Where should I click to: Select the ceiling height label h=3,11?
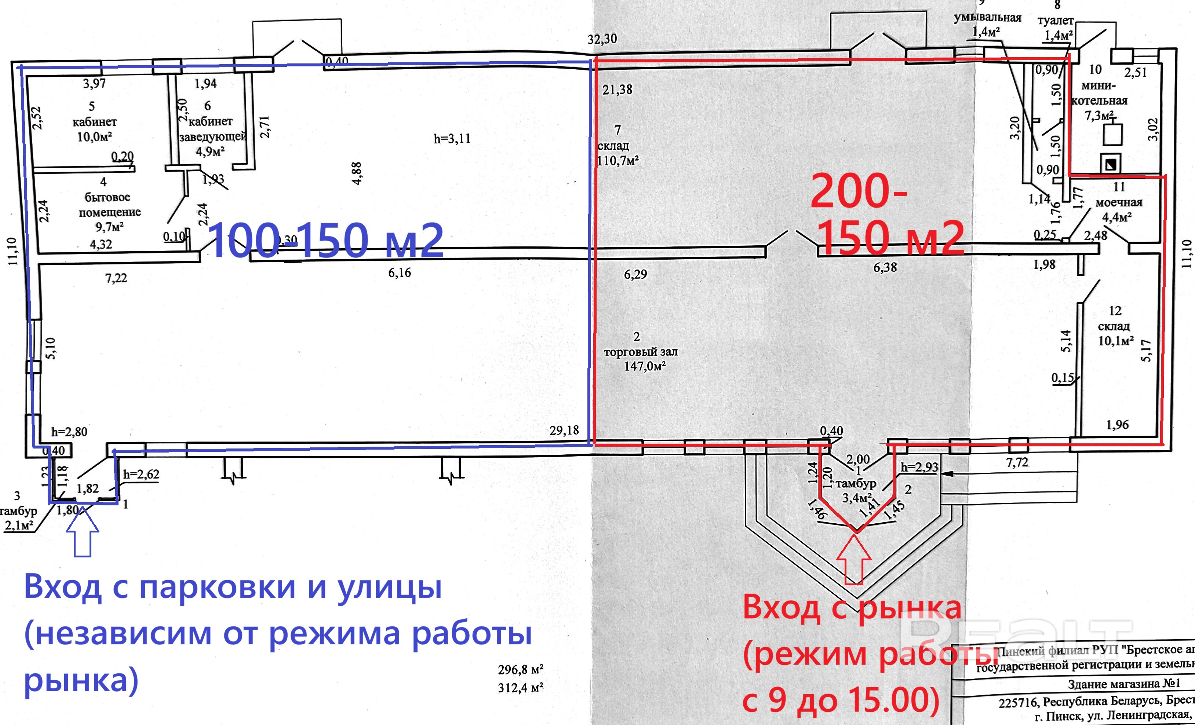(x=452, y=139)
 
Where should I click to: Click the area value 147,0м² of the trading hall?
(x=645, y=366)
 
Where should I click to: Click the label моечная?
(x=1119, y=202)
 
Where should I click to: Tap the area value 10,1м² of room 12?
(x=1115, y=341)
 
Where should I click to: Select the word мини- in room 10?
(x=1099, y=86)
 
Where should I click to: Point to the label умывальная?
(x=987, y=18)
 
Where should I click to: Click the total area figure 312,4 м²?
(x=520, y=687)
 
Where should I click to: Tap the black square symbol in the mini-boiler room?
(x=1110, y=165)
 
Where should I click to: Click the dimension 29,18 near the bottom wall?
(x=564, y=430)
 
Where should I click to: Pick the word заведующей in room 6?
(x=213, y=137)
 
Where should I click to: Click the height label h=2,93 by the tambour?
(x=919, y=467)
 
